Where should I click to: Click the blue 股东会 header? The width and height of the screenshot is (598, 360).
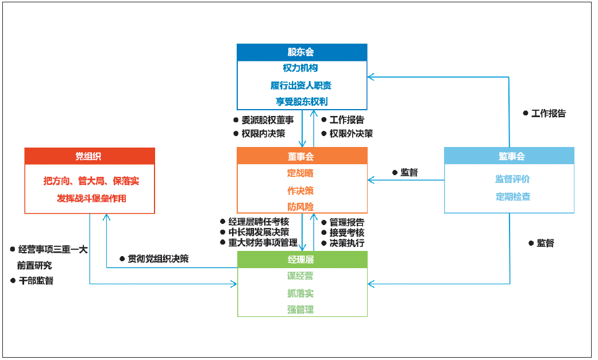(x=302, y=52)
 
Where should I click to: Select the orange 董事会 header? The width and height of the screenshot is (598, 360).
(x=302, y=156)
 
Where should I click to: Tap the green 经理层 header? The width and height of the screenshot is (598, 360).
(x=302, y=260)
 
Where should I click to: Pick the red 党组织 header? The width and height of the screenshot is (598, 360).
(x=89, y=156)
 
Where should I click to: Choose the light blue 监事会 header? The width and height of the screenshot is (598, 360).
(x=509, y=156)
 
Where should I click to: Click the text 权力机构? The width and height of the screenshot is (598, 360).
(x=302, y=68)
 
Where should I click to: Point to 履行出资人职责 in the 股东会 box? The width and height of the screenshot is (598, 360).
(x=302, y=85)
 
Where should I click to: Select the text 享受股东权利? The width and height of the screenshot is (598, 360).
(x=302, y=102)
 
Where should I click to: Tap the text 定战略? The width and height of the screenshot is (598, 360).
(x=302, y=173)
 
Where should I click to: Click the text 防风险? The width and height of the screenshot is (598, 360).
(x=302, y=206)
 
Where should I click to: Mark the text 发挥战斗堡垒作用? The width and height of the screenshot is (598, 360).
(x=91, y=198)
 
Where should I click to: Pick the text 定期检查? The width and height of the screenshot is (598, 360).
(x=513, y=196)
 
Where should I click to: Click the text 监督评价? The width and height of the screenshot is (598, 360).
(x=513, y=179)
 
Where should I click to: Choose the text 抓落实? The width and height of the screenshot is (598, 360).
(x=302, y=293)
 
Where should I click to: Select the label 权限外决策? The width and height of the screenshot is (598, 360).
(x=350, y=133)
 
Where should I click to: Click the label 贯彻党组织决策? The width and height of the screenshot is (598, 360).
(x=157, y=258)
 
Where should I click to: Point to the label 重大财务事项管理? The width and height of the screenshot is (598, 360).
(x=263, y=242)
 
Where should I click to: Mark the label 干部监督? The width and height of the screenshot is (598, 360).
(x=36, y=281)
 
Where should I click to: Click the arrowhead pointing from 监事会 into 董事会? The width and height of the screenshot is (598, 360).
(x=371, y=180)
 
